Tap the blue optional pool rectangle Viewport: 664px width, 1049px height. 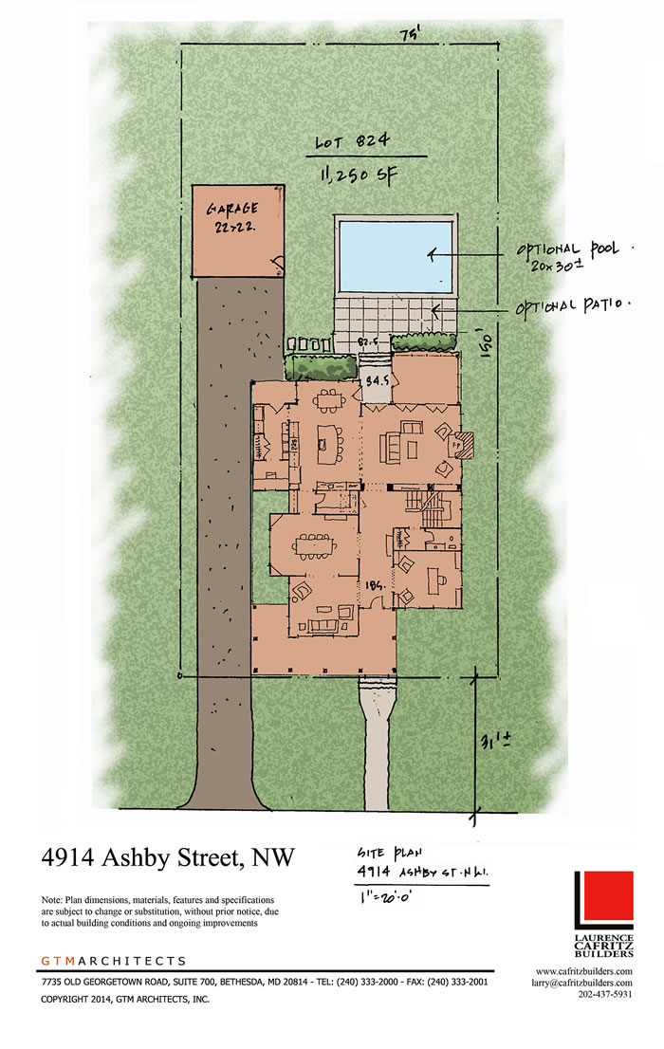point(395,256)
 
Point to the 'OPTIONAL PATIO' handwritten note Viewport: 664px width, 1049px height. point(573,307)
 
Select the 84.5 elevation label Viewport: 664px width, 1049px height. point(378,382)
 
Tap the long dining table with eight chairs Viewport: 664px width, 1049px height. point(314,545)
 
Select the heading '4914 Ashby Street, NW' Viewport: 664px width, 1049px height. point(168,857)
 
